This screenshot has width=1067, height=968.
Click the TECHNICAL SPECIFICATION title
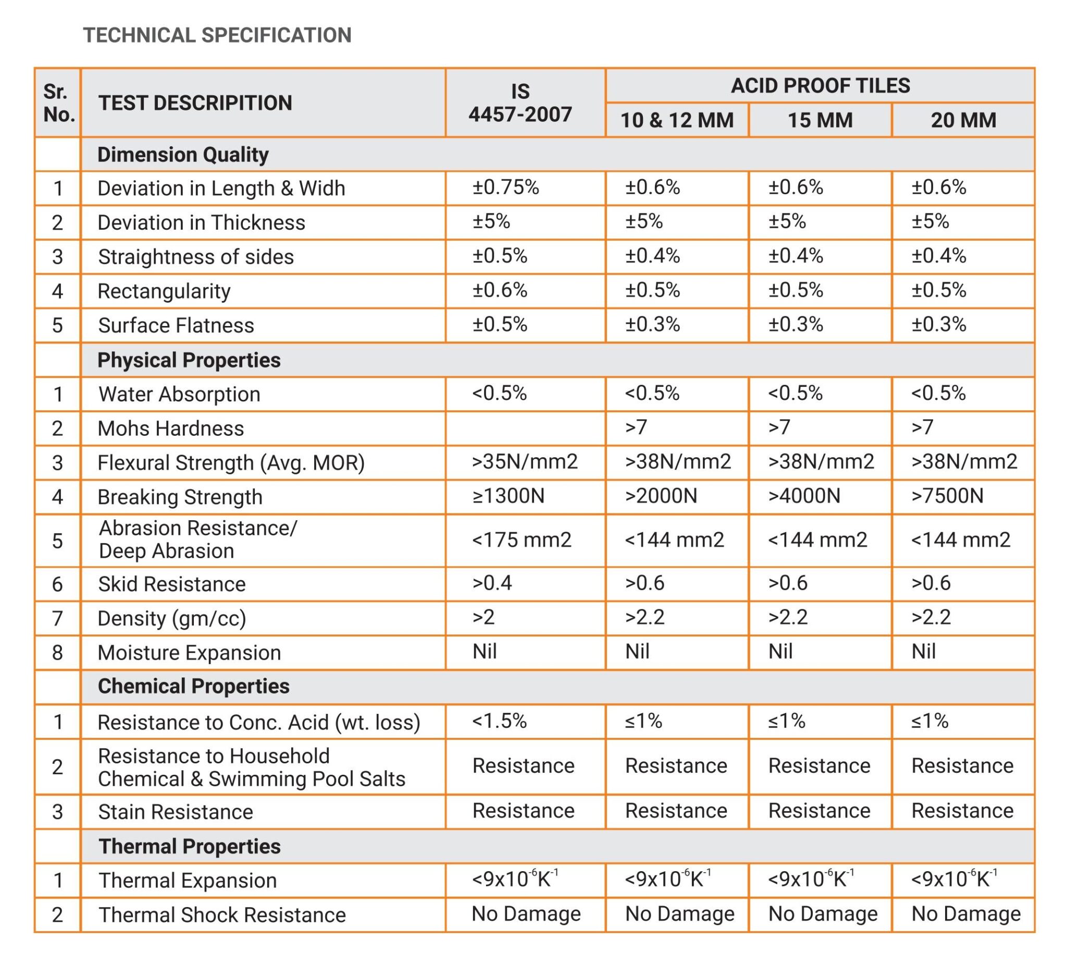pos(217,35)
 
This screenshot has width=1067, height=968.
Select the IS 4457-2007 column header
pos(520,103)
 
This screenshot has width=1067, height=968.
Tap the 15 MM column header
pos(820,120)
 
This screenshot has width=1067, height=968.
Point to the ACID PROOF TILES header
pos(821,86)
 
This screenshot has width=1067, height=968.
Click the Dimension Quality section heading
pos(183,155)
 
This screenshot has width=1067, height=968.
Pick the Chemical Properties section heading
pos(194,686)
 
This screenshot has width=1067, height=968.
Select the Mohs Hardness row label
pos(171,429)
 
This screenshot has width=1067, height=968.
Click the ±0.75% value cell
pos(505,187)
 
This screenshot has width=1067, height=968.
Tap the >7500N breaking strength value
pos(947,496)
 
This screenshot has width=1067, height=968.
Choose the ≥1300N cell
pos(508,496)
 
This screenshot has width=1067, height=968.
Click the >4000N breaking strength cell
pos(804,496)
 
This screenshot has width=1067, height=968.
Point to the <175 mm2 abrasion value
pos(522,540)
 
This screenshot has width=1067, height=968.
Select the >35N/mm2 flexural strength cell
pos(525,462)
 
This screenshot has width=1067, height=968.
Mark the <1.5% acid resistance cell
pos(499,721)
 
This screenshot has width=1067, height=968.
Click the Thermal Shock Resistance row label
pos(222,914)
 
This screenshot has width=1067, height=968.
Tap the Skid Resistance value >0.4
pos(492,583)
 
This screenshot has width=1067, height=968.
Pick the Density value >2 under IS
pos(483,617)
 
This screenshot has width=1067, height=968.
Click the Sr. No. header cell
pos(58,103)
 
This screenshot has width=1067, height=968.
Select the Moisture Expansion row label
pos(190,653)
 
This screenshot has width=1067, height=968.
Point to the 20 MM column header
pos(963,120)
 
